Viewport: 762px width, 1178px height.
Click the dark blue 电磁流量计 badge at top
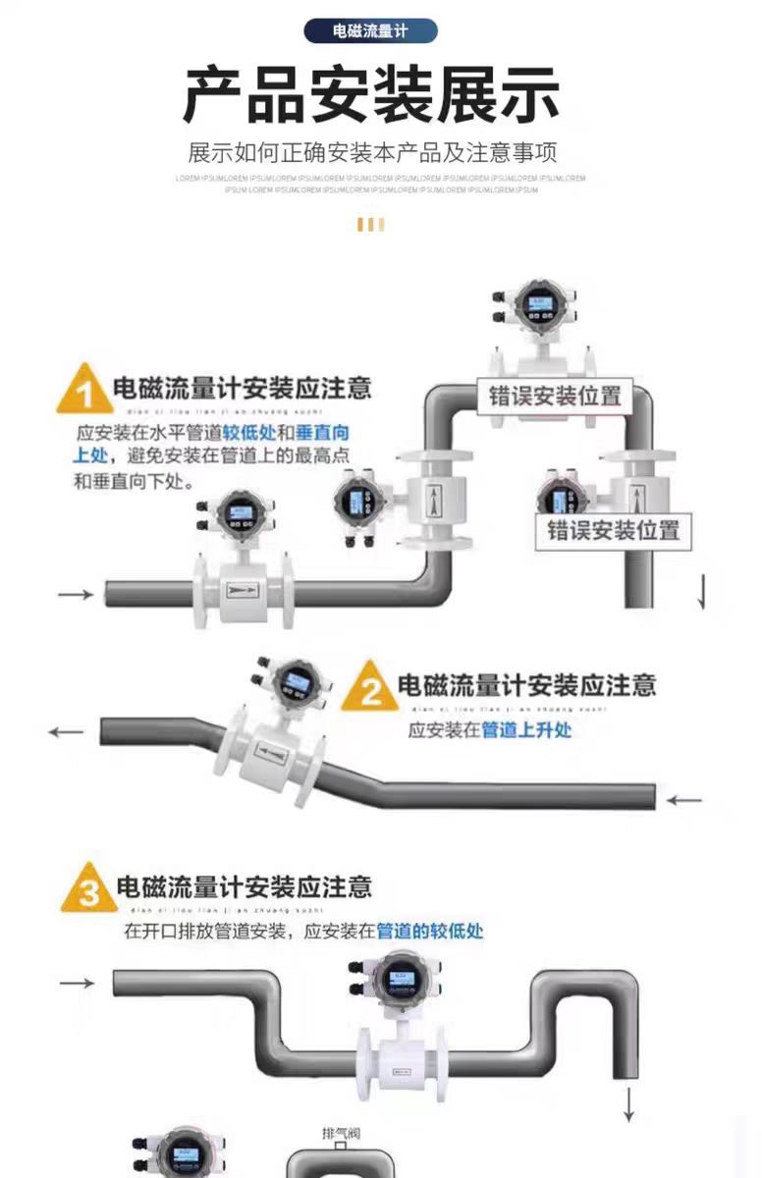370,30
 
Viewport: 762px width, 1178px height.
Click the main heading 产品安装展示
371,95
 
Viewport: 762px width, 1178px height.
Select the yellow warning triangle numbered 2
368,687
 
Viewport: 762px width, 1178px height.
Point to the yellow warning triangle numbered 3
87,889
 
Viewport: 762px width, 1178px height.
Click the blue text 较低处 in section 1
248,432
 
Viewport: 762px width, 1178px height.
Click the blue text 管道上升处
526,729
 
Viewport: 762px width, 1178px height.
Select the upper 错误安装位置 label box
555,396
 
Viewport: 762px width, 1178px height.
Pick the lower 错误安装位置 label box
613,530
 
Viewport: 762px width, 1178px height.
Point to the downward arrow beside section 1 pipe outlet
701,591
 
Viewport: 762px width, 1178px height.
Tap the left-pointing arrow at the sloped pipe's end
67,731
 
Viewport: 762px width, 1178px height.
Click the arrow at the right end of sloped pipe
684,800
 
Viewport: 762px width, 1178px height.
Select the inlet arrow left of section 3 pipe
77,983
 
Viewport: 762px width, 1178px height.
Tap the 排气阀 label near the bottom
341,1134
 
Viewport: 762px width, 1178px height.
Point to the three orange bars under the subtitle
370,225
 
